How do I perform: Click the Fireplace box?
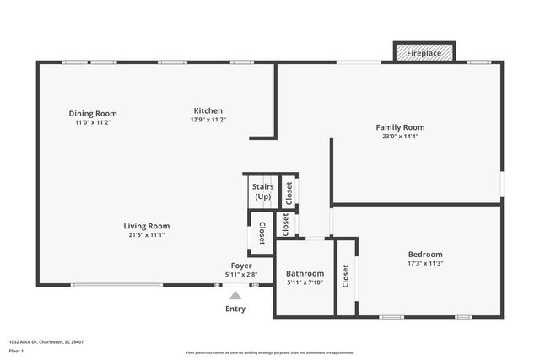pyautogui.click(x=424, y=52)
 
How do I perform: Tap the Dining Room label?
pyautogui.click(x=93, y=113)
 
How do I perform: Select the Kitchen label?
pyautogui.click(x=208, y=110)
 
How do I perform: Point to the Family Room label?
pyautogui.click(x=400, y=127)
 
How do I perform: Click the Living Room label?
pyautogui.click(x=147, y=226)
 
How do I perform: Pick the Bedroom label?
pyautogui.click(x=425, y=254)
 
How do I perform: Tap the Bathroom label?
pyautogui.click(x=305, y=273)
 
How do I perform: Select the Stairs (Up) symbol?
pyautogui.click(x=262, y=191)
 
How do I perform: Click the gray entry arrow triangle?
pyautogui.click(x=235, y=294)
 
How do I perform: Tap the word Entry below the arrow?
pyautogui.click(x=235, y=309)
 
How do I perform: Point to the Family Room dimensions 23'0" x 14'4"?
pyautogui.click(x=400, y=137)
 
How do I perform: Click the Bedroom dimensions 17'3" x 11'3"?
pyautogui.click(x=425, y=263)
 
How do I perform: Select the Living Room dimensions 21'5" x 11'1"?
pyautogui.click(x=147, y=235)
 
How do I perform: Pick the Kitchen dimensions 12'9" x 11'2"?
pyautogui.click(x=208, y=120)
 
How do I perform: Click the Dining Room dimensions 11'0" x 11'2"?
pyautogui.click(x=93, y=122)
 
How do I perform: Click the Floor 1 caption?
pyautogui.click(x=16, y=351)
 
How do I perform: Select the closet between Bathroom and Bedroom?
pyautogui.click(x=346, y=277)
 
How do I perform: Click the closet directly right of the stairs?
pyautogui.click(x=289, y=193)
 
